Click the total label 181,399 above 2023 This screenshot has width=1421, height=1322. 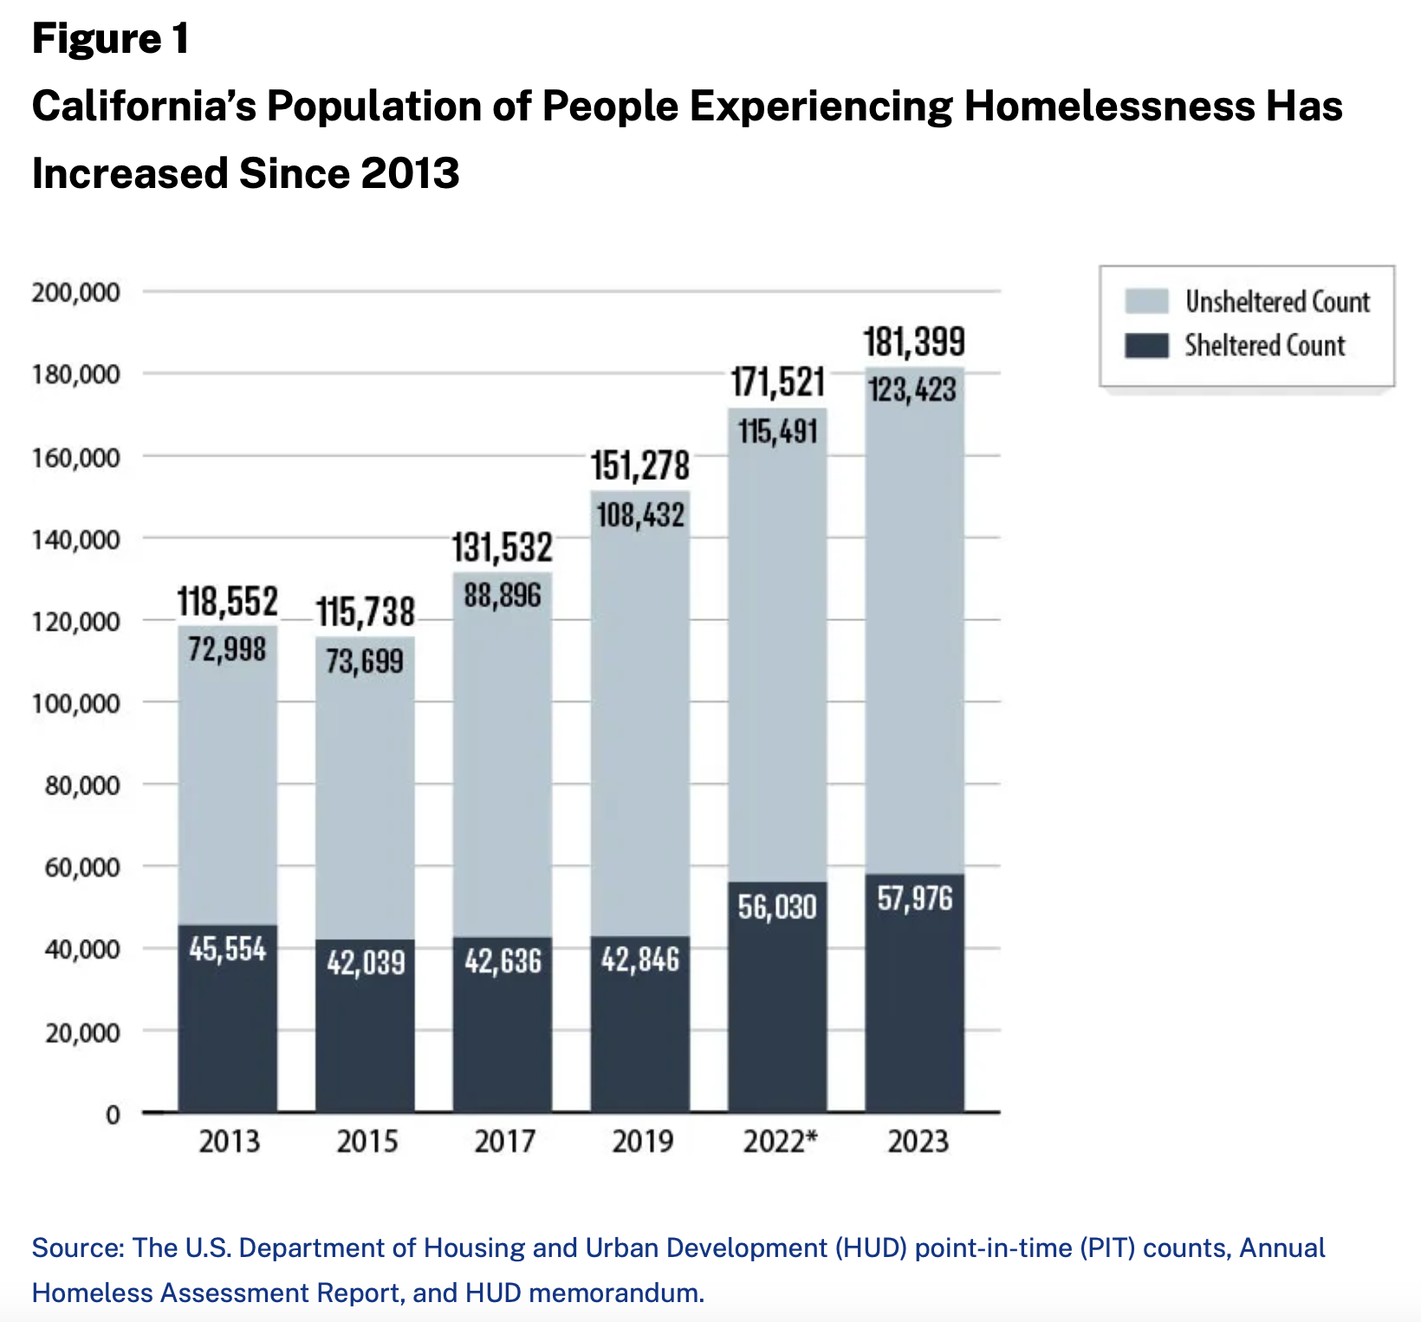pyautogui.click(x=914, y=342)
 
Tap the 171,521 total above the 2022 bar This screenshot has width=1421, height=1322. pyautogui.click(x=777, y=382)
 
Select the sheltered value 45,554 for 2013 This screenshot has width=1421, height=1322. pyautogui.click(x=228, y=949)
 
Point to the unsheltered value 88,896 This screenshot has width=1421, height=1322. pyautogui.click(x=503, y=595)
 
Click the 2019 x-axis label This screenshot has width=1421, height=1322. pyautogui.click(x=642, y=1141)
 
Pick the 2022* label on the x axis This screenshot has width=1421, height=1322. pyautogui.click(x=780, y=1141)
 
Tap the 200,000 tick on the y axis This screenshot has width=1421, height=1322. pyautogui.click(x=76, y=292)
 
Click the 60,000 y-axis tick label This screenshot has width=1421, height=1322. pyautogui.click(x=82, y=867)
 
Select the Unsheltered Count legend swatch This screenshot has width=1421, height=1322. pyautogui.click(x=1146, y=301)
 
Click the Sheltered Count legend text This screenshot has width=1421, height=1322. pyautogui.click(x=1264, y=346)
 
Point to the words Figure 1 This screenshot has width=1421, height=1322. pyautogui.click(x=110, y=39)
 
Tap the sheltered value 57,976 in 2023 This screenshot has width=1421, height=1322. pyautogui.click(x=914, y=899)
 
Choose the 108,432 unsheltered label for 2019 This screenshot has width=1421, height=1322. pyautogui.click(x=640, y=515)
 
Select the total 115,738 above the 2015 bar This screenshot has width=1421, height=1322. pyautogui.click(x=365, y=612)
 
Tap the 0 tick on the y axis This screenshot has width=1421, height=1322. pyautogui.click(x=113, y=1115)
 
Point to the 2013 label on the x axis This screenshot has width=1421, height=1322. pyautogui.click(x=229, y=1141)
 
